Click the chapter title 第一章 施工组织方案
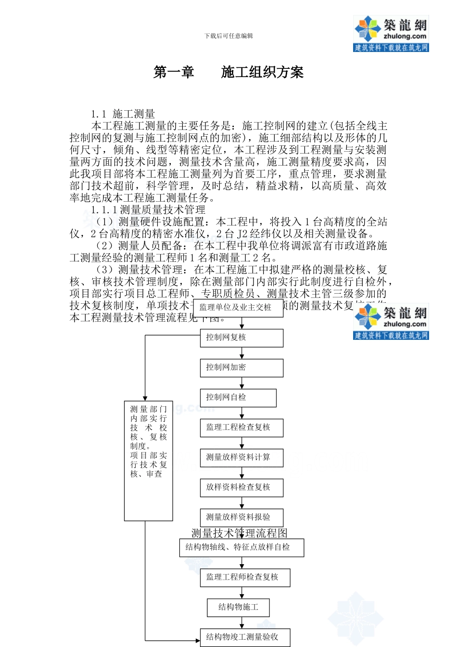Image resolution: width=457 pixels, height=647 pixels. tap(228, 73)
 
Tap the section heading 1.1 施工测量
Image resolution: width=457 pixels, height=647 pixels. tap(123, 114)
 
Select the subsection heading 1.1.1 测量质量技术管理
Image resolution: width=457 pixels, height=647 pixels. tap(148, 210)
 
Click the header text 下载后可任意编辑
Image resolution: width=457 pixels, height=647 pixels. tap(228, 36)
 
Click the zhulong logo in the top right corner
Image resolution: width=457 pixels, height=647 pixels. tap(391, 33)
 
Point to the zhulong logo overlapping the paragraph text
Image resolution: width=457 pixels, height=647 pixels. tap(391, 322)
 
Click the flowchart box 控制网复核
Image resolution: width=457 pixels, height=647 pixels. tap(241, 337)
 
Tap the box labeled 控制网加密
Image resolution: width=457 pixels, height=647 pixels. tap(241, 368)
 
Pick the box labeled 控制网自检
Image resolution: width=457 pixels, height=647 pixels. tap(238, 398)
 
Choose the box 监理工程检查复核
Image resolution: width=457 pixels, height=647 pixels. tap(241, 427)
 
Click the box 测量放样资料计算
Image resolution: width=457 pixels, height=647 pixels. tap(241, 457)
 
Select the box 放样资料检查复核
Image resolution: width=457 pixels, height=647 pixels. tap(241, 487)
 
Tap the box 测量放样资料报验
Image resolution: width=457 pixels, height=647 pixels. tap(241, 518)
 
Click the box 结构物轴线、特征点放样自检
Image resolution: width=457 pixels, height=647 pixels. tap(241, 548)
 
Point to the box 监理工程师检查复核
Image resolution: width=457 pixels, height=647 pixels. tap(245, 577)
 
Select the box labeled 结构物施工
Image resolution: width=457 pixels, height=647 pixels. tap(238, 607)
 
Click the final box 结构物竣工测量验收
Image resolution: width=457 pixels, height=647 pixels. tap(245, 637)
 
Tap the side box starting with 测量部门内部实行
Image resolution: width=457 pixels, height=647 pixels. tap(148, 461)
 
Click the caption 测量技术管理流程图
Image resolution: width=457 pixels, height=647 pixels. tap(239, 533)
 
